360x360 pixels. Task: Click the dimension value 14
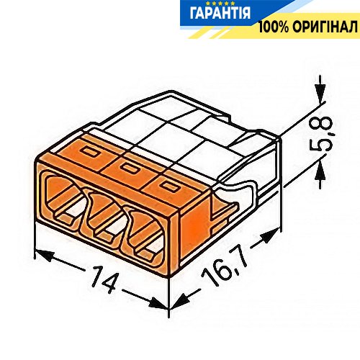pyautogui.click(x=104, y=279)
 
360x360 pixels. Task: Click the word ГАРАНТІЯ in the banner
pyautogui.click(x=220, y=14)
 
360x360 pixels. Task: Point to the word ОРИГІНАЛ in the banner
pyautogui.click(x=325, y=27)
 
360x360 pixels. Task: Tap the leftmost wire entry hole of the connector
pyautogui.click(x=64, y=197)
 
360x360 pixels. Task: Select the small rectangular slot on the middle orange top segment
pyautogui.click(x=129, y=168)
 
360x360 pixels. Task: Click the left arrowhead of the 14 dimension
pyautogui.click(x=44, y=256)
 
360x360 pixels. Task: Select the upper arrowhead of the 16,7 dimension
pyautogui.click(x=269, y=235)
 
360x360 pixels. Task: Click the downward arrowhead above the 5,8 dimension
pyautogui.click(x=320, y=93)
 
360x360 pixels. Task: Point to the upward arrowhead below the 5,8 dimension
pyautogui.click(x=320, y=171)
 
